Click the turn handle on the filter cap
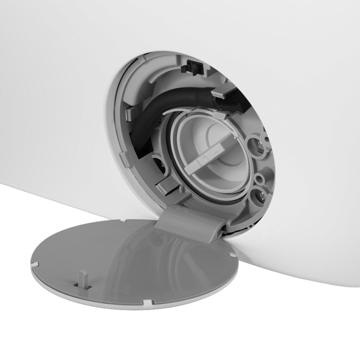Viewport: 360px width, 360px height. [x=209, y=155]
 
